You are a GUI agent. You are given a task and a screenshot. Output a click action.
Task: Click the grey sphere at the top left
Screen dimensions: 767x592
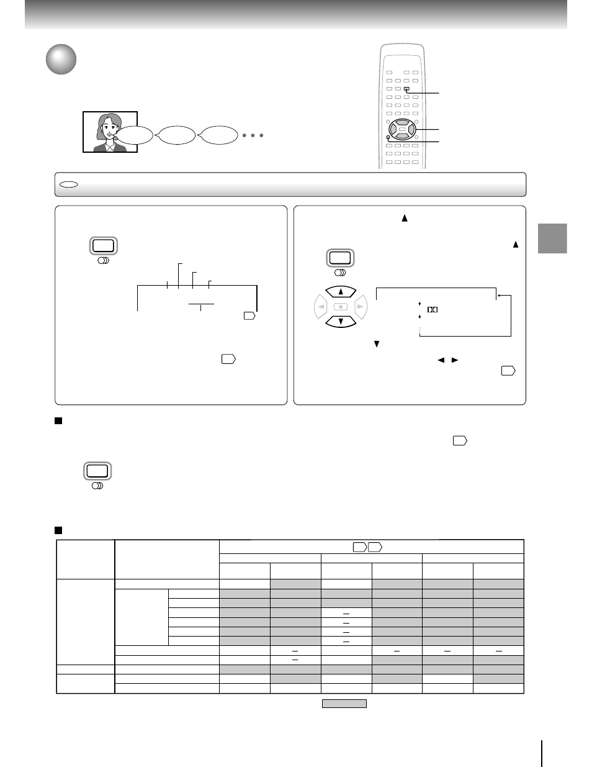61,59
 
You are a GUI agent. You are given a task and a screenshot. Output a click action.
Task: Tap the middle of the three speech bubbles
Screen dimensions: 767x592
177,135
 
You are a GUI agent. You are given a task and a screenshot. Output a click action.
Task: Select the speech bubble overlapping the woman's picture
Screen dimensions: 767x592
135,135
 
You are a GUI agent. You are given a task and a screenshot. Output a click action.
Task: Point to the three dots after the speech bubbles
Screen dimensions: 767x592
253,135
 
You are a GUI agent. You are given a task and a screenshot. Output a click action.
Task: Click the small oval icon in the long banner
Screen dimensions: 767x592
68,184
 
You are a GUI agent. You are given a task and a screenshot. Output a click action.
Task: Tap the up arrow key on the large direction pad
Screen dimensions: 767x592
341,291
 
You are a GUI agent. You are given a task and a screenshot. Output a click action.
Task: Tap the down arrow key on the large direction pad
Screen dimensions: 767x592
341,322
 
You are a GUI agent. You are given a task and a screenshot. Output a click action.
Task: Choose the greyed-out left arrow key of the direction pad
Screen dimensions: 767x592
321,307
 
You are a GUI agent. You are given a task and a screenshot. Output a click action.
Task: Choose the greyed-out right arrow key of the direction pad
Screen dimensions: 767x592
361,307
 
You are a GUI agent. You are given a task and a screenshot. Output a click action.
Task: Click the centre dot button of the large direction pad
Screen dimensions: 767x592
341,307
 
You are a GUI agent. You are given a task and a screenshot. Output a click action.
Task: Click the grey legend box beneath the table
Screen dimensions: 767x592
344,704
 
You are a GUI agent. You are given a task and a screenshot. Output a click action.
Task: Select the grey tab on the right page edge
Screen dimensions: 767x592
552,238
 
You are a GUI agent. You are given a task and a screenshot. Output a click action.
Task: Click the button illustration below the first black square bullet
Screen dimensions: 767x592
97,471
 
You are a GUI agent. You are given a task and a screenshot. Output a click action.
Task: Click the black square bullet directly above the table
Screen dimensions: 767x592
59,530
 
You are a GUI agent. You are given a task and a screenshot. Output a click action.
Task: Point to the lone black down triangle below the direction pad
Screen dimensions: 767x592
376,344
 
